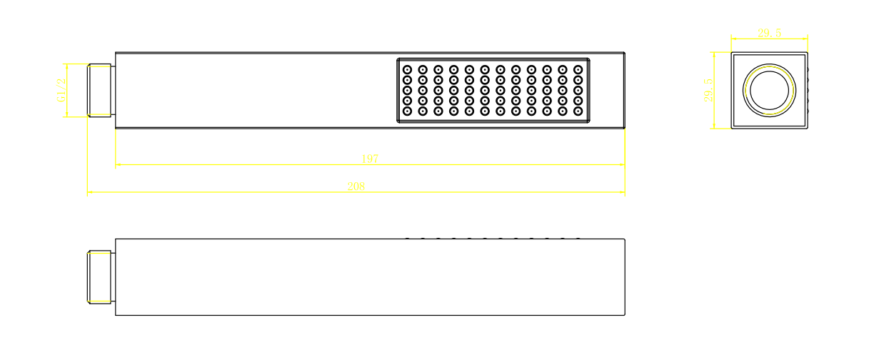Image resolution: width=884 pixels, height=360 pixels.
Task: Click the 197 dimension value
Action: (369, 159)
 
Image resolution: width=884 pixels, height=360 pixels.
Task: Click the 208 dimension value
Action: (356, 186)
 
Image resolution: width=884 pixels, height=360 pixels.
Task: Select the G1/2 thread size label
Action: (61, 91)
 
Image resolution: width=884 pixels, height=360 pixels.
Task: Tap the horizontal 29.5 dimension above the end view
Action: (769, 33)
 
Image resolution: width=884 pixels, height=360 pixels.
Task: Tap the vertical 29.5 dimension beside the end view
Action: (708, 91)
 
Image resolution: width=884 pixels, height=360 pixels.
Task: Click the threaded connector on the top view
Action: (100, 91)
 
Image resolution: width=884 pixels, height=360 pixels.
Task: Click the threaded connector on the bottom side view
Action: (100, 277)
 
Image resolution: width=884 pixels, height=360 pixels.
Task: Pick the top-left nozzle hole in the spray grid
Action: (407, 70)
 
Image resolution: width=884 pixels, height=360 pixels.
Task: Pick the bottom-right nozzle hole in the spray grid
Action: (578, 111)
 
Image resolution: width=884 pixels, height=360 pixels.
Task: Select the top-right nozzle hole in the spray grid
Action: (578, 70)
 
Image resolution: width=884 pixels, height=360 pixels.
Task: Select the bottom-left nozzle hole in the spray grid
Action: (407, 111)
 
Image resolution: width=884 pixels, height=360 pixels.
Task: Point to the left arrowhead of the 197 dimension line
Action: (119, 165)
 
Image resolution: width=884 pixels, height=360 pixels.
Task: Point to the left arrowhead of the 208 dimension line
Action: (90, 192)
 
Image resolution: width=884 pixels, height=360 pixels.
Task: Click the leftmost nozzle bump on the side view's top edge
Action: (407, 239)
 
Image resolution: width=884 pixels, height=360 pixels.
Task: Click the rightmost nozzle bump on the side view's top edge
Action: (578, 239)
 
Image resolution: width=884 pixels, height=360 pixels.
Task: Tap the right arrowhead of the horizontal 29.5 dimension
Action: (805, 39)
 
